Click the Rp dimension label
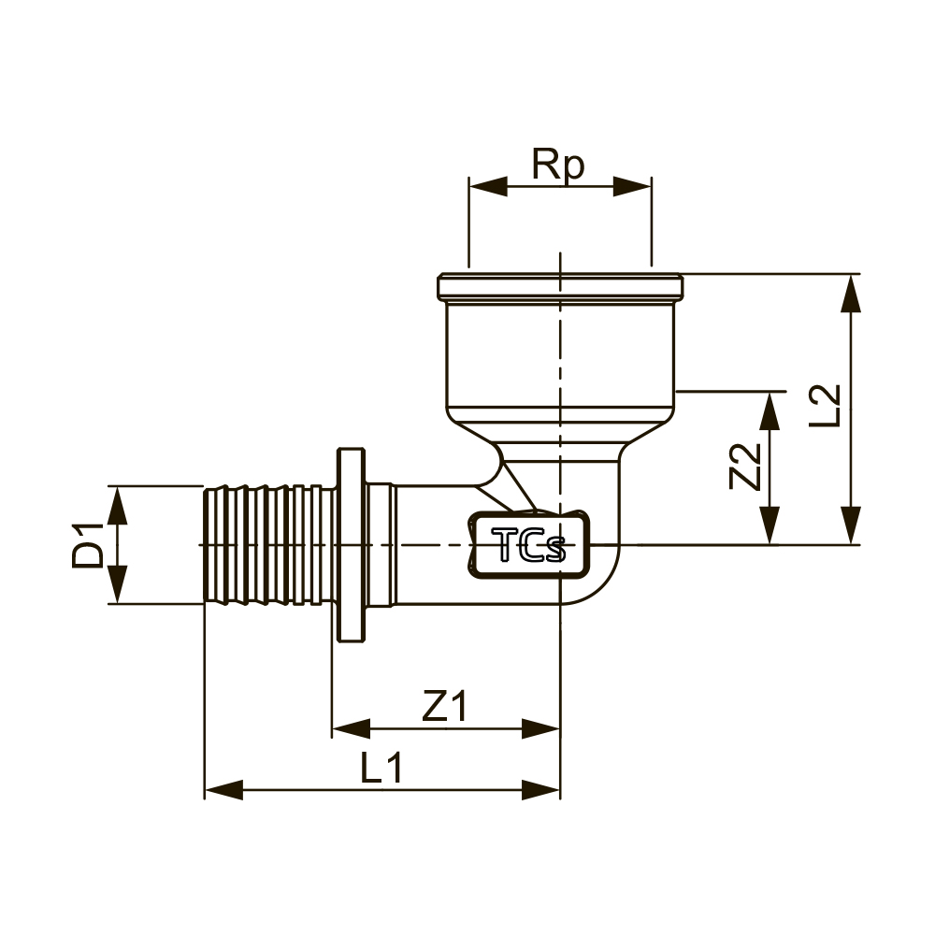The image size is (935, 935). tap(558, 165)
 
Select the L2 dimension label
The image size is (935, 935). tap(825, 406)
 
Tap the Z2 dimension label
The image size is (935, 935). tap(746, 467)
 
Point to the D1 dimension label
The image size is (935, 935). tap(88, 545)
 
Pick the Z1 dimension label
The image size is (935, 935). tap(445, 705)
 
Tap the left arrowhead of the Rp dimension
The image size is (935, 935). tap(488, 186)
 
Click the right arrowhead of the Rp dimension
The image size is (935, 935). tap(633, 186)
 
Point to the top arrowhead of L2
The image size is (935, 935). tap(851, 293)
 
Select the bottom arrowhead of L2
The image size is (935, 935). tap(851, 525)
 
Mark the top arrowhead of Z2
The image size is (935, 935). tap(770, 410)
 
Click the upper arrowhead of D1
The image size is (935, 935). tap(118, 505)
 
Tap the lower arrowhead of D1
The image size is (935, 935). tap(118, 584)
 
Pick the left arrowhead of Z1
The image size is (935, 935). tap(352, 728)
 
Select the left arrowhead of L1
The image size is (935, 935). tap(223, 789)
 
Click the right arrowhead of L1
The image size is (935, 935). tap(540, 789)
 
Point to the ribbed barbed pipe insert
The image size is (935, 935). tap(270, 545)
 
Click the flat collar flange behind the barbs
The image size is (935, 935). tap(352, 545)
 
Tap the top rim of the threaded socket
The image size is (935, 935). tap(560, 286)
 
